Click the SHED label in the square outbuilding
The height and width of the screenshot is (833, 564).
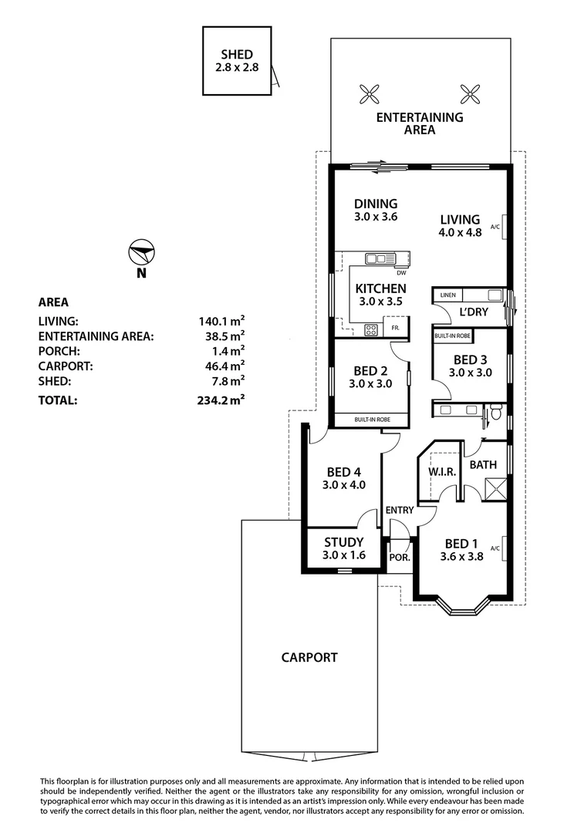tap(237, 55)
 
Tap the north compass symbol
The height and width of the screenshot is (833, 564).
tap(142, 253)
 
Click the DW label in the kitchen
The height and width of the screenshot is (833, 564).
tap(400, 273)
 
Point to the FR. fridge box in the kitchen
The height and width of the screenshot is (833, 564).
tap(395, 329)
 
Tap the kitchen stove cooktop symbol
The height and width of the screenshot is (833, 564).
tap(370, 330)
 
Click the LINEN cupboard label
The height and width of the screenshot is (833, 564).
tap(448, 295)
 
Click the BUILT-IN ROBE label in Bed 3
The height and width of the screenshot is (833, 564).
tap(452, 336)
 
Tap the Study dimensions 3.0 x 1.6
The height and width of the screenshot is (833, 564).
tap(343, 555)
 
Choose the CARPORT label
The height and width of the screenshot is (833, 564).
tap(309, 658)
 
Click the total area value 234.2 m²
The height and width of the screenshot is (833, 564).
tap(221, 400)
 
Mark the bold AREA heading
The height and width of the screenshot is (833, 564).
tap(53, 302)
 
